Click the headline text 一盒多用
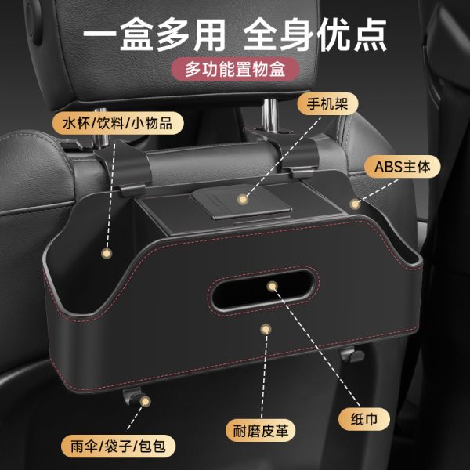click(x=154, y=34)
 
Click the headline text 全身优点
click(x=315, y=34)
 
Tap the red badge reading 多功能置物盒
click(x=235, y=69)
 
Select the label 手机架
click(x=327, y=104)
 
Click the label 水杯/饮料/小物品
click(x=117, y=123)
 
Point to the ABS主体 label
click(x=403, y=167)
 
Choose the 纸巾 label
click(x=364, y=419)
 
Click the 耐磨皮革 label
click(x=261, y=431)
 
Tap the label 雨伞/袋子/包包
click(x=118, y=446)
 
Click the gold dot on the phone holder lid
click(x=243, y=199)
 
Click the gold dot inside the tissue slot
click(x=272, y=287)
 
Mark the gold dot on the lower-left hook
click(x=146, y=401)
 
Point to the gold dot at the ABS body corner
click(x=355, y=204)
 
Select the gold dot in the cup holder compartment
click(x=107, y=253)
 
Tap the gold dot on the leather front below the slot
click(x=266, y=330)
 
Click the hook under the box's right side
click(x=352, y=355)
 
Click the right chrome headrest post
click(x=269, y=115)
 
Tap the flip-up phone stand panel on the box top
click(x=240, y=202)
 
